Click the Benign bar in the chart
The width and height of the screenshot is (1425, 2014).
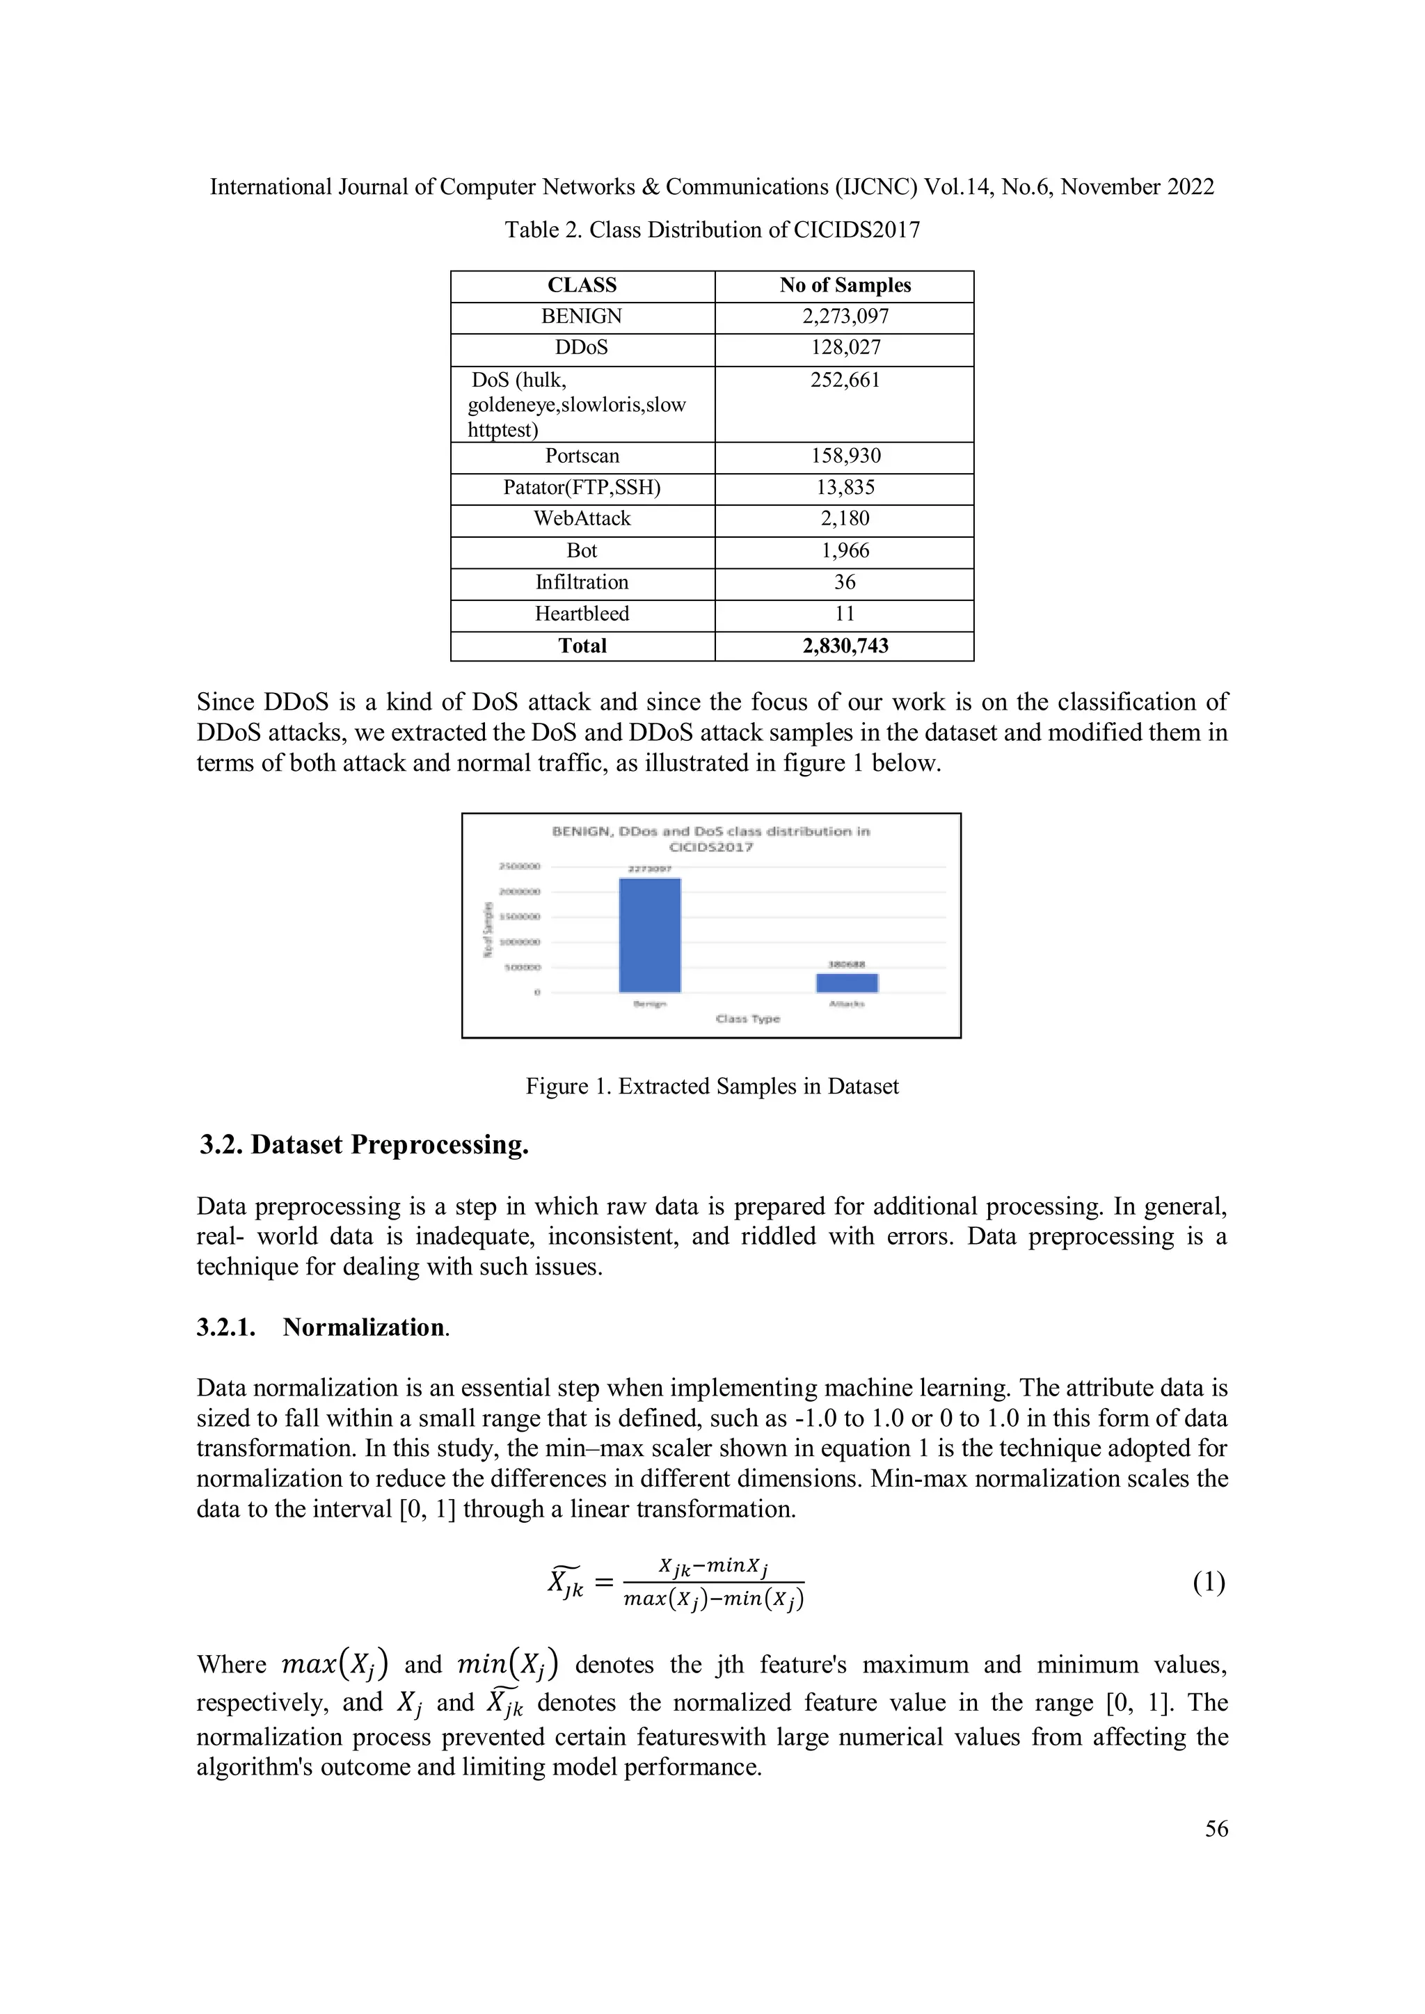(x=649, y=935)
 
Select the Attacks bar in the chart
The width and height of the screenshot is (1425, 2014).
(x=847, y=983)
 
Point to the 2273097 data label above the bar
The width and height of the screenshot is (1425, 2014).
(x=649, y=870)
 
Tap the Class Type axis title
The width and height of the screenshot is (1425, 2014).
(x=747, y=1018)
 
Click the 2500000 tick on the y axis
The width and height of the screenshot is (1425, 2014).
(x=520, y=867)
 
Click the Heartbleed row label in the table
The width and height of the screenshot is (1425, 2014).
(x=582, y=614)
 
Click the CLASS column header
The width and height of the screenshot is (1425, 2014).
(x=582, y=285)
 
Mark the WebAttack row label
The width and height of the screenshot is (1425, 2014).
(x=582, y=519)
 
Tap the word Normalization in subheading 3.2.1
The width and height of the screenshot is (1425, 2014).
(x=363, y=1327)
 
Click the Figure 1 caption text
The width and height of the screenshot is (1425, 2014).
(x=712, y=1087)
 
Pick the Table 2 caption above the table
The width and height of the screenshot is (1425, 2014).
(x=712, y=230)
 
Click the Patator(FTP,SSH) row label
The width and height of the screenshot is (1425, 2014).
(x=582, y=488)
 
